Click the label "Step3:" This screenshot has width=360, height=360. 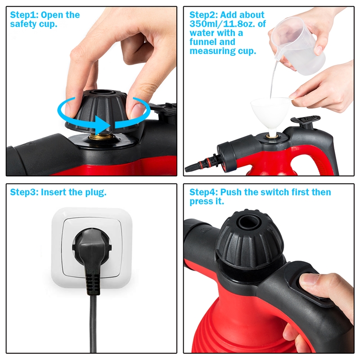(24, 193)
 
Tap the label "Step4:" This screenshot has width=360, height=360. (203, 193)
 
